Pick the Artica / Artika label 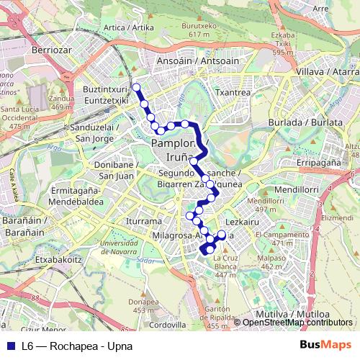129,28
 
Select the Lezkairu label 242,222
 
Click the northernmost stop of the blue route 136,87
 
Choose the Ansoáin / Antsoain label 189,61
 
